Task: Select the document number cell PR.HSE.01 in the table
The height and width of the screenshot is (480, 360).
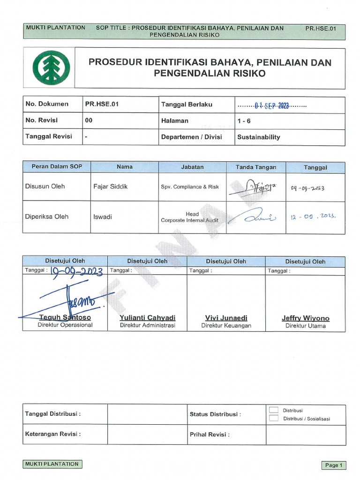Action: (101, 105)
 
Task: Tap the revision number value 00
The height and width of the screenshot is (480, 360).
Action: (89, 120)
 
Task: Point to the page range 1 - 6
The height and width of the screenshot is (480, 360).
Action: (244, 121)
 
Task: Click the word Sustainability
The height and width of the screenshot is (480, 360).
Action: (258, 137)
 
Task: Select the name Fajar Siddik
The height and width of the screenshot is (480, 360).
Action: (110, 187)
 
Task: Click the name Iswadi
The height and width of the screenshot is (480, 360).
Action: (103, 217)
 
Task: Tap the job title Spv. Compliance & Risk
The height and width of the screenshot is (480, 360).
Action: (190, 187)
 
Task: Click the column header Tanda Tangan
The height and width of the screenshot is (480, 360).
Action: (256, 167)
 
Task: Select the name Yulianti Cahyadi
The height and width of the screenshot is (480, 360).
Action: (147, 318)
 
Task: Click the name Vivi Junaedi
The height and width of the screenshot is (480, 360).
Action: (226, 318)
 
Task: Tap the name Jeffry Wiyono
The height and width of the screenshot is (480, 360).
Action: (305, 318)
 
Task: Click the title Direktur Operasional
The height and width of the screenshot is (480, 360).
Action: (65, 325)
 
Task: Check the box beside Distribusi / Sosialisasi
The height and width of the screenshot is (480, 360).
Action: (274, 418)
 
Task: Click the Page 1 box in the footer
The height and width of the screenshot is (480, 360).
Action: (334, 465)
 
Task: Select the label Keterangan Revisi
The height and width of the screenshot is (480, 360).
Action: (52, 434)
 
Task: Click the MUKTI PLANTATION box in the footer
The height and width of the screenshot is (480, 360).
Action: (52, 464)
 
